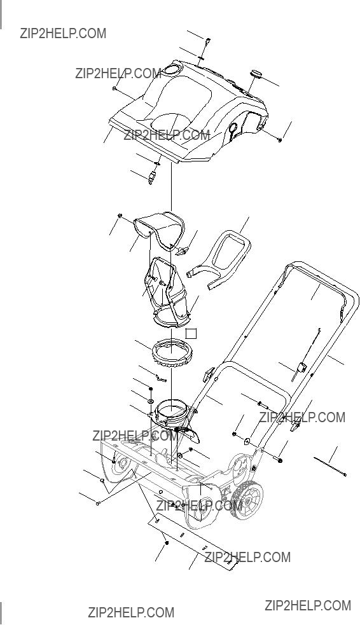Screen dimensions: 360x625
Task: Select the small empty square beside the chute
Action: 192,334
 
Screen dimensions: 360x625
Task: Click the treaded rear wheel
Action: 248,500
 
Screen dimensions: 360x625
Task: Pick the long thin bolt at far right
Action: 330,467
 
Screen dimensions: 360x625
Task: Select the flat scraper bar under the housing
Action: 193,542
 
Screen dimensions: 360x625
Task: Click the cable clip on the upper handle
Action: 301,367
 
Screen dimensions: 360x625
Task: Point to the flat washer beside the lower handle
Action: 247,441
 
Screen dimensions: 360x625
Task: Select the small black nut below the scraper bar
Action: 166,543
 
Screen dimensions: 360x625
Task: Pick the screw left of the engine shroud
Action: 114,88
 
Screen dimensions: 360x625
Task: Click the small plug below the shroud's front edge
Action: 151,178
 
